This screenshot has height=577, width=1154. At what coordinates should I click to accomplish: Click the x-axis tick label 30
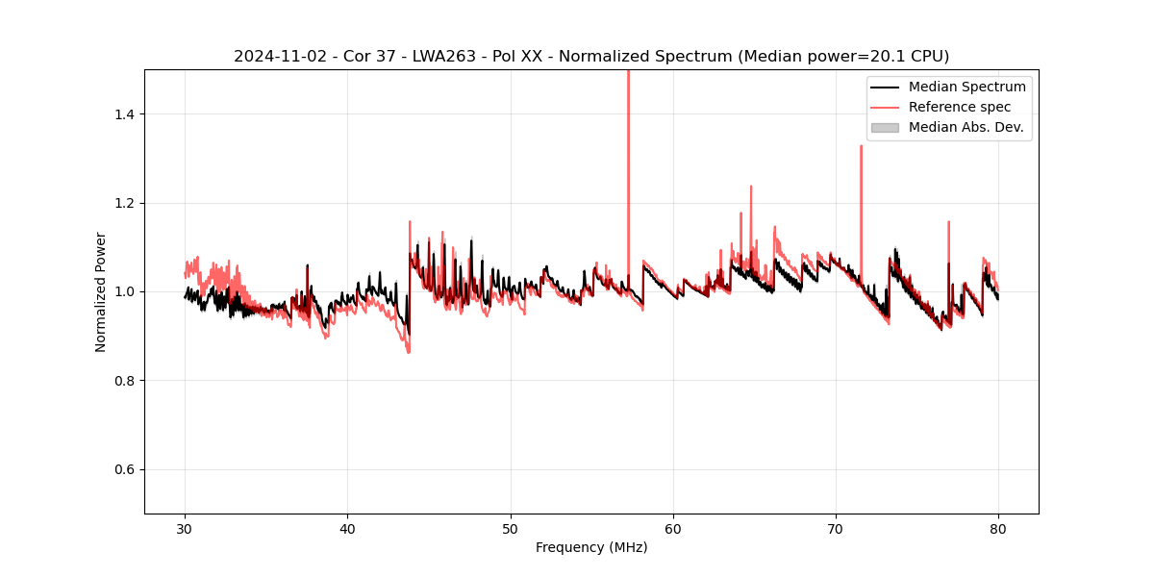click(186, 528)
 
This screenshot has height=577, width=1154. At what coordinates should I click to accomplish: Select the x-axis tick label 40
click(348, 528)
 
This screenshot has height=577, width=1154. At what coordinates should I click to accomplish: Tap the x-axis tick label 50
click(511, 528)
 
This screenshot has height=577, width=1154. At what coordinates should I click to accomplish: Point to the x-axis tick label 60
click(673, 528)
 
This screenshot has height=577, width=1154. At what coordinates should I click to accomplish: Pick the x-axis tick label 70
click(836, 528)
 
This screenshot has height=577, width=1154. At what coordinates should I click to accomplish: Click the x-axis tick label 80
click(998, 528)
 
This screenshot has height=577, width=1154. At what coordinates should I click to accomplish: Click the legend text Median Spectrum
click(966, 87)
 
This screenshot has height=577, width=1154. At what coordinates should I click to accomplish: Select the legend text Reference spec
click(960, 107)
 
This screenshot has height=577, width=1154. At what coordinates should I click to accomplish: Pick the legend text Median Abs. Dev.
click(966, 127)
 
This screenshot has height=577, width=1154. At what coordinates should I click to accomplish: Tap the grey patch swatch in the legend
click(885, 127)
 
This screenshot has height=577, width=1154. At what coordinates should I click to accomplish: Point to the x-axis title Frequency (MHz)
click(591, 547)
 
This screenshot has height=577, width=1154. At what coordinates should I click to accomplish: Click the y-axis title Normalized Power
click(101, 291)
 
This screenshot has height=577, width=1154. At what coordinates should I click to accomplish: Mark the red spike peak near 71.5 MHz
click(861, 147)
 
